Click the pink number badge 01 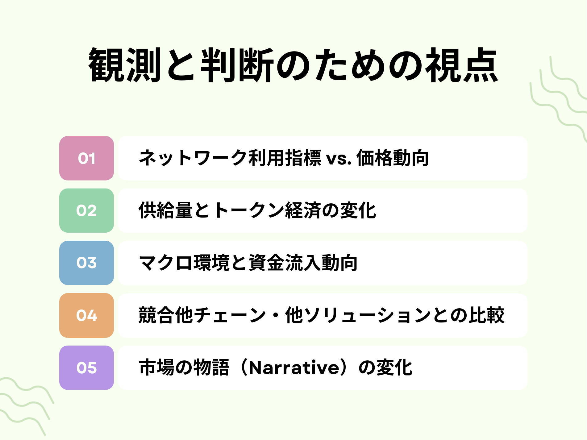pyautogui.click(x=86, y=158)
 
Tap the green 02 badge pyautogui.click(x=86, y=210)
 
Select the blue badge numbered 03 pyautogui.click(x=86, y=263)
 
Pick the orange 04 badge pyautogui.click(x=86, y=315)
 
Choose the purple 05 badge pyautogui.click(x=86, y=368)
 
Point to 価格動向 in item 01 pyautogui.click(x=393, y=158)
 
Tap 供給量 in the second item pyautogui.click(x=166, y=210)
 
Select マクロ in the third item pyautogui.click(x=166, y=263)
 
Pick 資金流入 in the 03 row pyautogui.click(x=285, y=263)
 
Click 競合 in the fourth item pyautogui.click(x=157, y=315)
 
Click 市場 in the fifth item pyautogui.click(x=157, y=368)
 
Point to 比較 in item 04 pyautogui.click(x=487, y=315)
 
